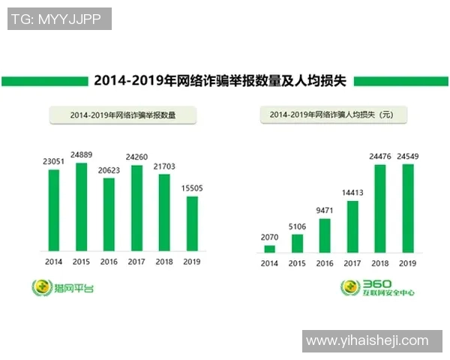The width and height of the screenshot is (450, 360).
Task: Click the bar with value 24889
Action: pyautogui.click(x=81, y=206)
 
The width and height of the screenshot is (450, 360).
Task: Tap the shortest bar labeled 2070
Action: pyautogui.click(x=269, y=248)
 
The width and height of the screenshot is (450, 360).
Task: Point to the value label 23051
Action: pyautogui.click(x=53, y=160)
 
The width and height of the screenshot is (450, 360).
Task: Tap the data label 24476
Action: pyautogui.click(x=379, y=156)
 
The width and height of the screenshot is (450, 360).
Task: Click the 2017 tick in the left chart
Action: pyautogui.click(x=136, y=262)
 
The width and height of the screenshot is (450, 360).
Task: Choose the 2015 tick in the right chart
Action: pyautogui.click(x=297, y=263)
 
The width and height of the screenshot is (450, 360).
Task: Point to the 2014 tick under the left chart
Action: pyautogui.click(x=53, y=262)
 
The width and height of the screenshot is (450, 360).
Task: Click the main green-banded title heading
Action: pyautogui.click(x=220, y=81)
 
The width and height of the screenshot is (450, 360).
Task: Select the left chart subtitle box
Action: pyautogui.click(x=122, y=115)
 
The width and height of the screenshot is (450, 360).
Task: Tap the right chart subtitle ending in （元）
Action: pyautogui.click(x=331, y=115)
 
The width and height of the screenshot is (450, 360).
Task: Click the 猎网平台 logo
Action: pyautogui.click(x=64, y=286)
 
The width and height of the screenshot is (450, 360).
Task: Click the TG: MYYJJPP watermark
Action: pyautogui.click(x=60, y=19)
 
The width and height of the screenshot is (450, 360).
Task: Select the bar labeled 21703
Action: pyautogui.click(x=164, y=214)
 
